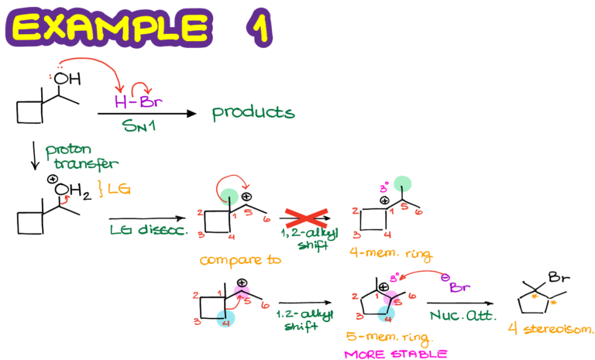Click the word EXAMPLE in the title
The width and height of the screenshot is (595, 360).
click(108, 29)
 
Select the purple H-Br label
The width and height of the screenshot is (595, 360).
click(138, 101)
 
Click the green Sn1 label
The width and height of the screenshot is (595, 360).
click(139, 126)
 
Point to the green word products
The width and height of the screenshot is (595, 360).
click(253, 113)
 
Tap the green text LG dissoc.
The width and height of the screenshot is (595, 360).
click(146, 229)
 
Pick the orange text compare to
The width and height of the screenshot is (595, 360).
click(239, 261)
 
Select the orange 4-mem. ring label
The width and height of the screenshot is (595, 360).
click(390, 253)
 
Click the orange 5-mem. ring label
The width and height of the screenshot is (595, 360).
click(389, 338)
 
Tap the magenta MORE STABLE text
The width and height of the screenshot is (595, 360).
click(395, 354)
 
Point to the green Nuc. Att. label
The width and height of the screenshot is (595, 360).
click(462, 316)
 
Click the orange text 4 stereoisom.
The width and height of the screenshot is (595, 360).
click(551, 329)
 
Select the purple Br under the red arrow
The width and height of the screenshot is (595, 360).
click(459, 288)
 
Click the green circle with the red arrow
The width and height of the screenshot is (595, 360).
click(229, 197)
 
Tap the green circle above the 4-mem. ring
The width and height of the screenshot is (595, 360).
click(402, 184)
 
